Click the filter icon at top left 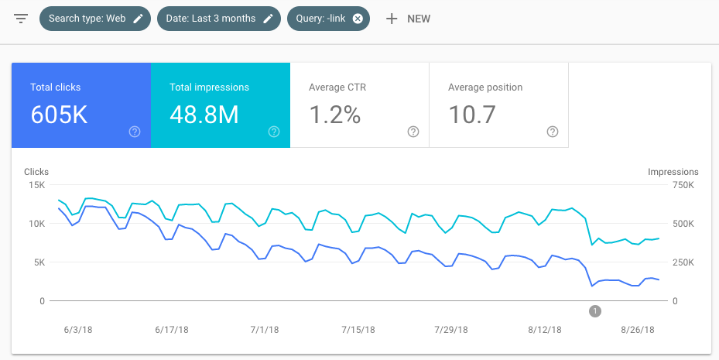click(21, 19)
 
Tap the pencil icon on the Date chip click(268, 19)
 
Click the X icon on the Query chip click(358, 19)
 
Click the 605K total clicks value click(59, 115)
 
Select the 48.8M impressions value click(204, 115)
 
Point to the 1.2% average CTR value click(334, 115)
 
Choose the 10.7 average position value click(471, 115)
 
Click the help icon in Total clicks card click(135, 132)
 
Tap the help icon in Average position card click(553, 132)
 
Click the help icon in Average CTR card click(413, 132)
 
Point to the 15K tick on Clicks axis click(36, 185)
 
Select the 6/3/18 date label click(78, 329)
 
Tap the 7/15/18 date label click(358, 329)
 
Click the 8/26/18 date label click(637, 329)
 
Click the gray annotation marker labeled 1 click(594, 311)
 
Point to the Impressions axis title click(673, 172)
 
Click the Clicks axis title click(36, 172)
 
